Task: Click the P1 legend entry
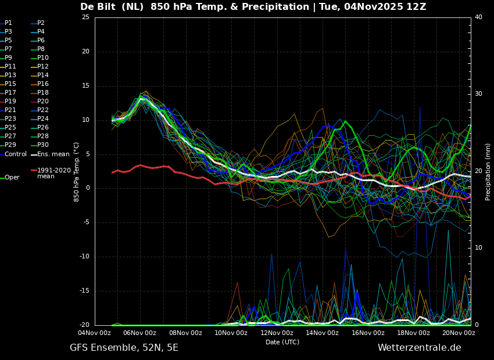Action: click(x=8, y=23)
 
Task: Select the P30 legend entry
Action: click(x=42, y=145)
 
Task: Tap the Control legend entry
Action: click(x=15, y=154)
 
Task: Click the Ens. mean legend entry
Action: click(x=53, y=154)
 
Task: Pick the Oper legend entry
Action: click(x=12, y=178)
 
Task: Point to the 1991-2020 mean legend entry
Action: click(x=53, y=173)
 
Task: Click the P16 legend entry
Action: click(x=42, y=84)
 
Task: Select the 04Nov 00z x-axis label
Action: click(x=95, y=333)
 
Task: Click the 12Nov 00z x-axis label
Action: click(x=277, y=333)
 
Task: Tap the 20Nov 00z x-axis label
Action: click(x=459, y=333)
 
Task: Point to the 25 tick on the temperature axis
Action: click(x=85, y=17)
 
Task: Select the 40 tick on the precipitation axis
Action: click(x=478, y=17)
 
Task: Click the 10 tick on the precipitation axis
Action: click(x=478, y=248)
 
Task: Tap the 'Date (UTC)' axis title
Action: click(x=282, y=343)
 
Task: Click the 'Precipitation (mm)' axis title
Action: click(x=488, y=172)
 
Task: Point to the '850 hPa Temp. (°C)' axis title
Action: click(x=77, y=172)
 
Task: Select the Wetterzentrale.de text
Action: click(x=419, y=348)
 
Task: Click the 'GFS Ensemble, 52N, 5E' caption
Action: click(x=124, y=348)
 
